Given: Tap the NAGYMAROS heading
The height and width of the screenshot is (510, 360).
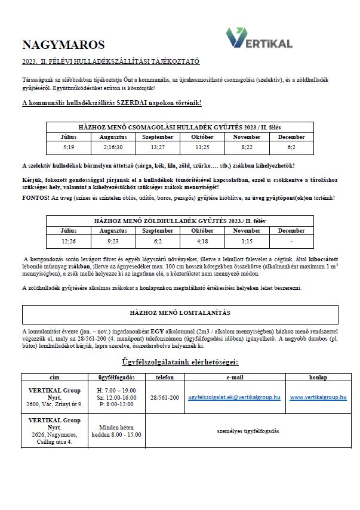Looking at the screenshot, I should point(63,45).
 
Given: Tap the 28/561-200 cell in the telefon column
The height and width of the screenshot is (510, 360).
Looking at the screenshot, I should point(164,397).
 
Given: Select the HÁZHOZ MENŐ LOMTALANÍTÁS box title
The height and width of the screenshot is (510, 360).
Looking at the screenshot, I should point(180,312).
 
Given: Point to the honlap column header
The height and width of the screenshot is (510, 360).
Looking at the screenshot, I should point(318,378).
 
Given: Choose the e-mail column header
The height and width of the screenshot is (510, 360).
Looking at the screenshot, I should point(235,378).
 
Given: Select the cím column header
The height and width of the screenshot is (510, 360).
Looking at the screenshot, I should point(51,378).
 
